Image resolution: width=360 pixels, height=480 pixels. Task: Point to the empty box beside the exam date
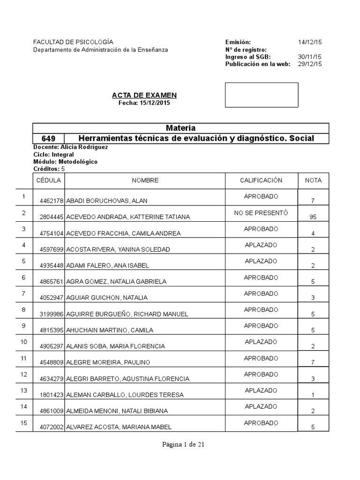pos(262,95)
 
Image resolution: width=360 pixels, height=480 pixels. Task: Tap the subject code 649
pos(48,139)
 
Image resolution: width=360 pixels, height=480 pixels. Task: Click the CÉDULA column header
pos(48,180)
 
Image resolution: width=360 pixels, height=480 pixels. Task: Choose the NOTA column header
pos(313,180)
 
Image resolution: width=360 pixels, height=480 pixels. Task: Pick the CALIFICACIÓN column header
pos(261,180)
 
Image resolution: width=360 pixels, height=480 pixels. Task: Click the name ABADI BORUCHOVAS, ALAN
pos(107,201)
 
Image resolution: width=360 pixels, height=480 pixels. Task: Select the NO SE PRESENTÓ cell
pos(261,213)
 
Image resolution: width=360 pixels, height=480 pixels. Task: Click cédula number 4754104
pos(52,233)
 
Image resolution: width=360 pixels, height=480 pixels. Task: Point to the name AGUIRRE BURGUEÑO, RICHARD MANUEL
pos(127,314)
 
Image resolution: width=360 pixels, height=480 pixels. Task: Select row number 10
pos(24,342)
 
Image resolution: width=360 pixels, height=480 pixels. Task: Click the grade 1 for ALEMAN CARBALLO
pos(313,395)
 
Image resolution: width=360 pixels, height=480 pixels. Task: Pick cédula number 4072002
pos(52,427)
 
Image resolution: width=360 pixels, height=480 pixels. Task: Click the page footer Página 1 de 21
pos(180,445)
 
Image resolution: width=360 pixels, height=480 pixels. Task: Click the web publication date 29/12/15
pos(309,65)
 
